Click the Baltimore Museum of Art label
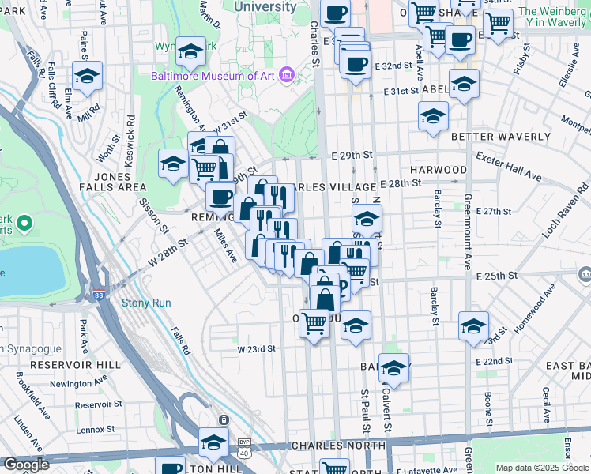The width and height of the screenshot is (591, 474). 214,77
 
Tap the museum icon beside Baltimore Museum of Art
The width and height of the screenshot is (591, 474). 287,76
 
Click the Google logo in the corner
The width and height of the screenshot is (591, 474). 27,465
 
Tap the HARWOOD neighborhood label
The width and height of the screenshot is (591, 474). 439,170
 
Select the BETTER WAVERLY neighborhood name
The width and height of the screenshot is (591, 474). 494,137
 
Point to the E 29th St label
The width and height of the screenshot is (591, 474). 352,155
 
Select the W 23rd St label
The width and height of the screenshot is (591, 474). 256,348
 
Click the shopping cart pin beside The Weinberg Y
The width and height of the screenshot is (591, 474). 498,25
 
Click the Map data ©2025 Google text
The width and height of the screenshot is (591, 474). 540,468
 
